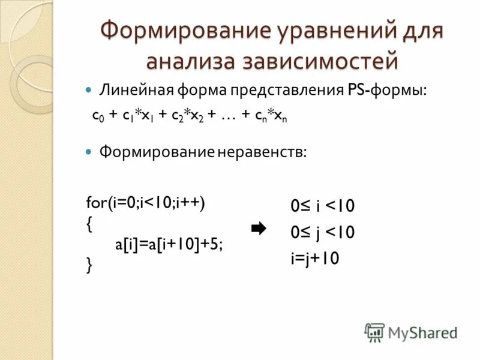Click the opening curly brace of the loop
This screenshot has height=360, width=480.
89,224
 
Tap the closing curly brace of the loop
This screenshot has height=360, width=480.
89,265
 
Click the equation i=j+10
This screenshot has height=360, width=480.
316,258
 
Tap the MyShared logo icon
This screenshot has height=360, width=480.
374,332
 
